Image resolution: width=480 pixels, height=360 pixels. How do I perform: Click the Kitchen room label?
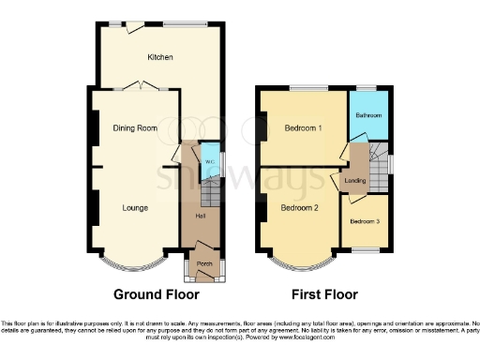click(159, 58)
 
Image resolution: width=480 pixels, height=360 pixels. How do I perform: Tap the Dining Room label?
click(134, 127)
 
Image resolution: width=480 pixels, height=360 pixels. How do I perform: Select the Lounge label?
click(135, 207)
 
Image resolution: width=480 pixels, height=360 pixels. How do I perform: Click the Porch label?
click(203, 263)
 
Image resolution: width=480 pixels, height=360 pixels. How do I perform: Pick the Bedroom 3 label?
click(365, 222)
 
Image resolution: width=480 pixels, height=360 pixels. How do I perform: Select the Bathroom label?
click(368, 115)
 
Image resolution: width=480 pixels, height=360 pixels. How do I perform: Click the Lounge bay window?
click(132, 256)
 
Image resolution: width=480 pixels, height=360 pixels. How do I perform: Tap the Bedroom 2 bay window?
click(299, 256)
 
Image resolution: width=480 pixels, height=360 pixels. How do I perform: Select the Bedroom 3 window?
click(365, 249)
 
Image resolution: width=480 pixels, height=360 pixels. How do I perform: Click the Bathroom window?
click(366, 88)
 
